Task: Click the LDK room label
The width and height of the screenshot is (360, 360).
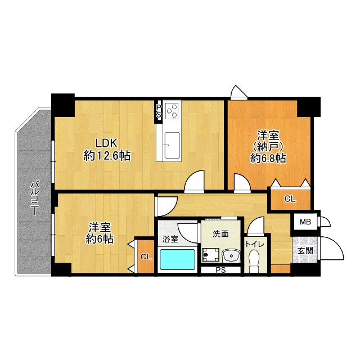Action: pos(106,143)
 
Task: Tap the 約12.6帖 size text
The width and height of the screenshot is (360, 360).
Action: pos(107,156)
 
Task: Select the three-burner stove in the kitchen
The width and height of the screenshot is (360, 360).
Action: pos(172,111)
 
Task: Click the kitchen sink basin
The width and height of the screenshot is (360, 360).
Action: pos(172,145)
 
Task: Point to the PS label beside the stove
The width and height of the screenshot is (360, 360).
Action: pos(159,111)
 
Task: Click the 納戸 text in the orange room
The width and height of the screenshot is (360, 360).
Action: pos(268,147)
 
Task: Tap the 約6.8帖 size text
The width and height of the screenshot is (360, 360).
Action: pos(268,158)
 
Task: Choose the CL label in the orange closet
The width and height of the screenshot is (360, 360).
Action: pos(290,199)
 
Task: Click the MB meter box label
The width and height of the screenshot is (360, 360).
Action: pos(305,222)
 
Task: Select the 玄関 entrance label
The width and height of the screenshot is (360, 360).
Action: pos(305,251)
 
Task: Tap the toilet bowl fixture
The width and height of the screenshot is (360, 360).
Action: pos(254,260)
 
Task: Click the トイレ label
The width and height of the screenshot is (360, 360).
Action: pos(255,244)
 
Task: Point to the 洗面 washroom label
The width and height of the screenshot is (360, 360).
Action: pos(220,234)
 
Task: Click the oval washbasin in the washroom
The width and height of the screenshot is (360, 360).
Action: pos(231,255)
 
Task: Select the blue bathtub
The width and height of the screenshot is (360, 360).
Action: pos(178,259)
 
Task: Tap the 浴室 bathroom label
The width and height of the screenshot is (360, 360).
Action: pos(170,239)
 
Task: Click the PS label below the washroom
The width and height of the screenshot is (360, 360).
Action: pos(220,270)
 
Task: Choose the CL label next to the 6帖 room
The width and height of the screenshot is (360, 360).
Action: pos(146,257)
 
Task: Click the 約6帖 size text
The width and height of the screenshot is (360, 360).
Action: pos(100,240)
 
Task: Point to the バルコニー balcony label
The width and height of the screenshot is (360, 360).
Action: pos(34,199)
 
